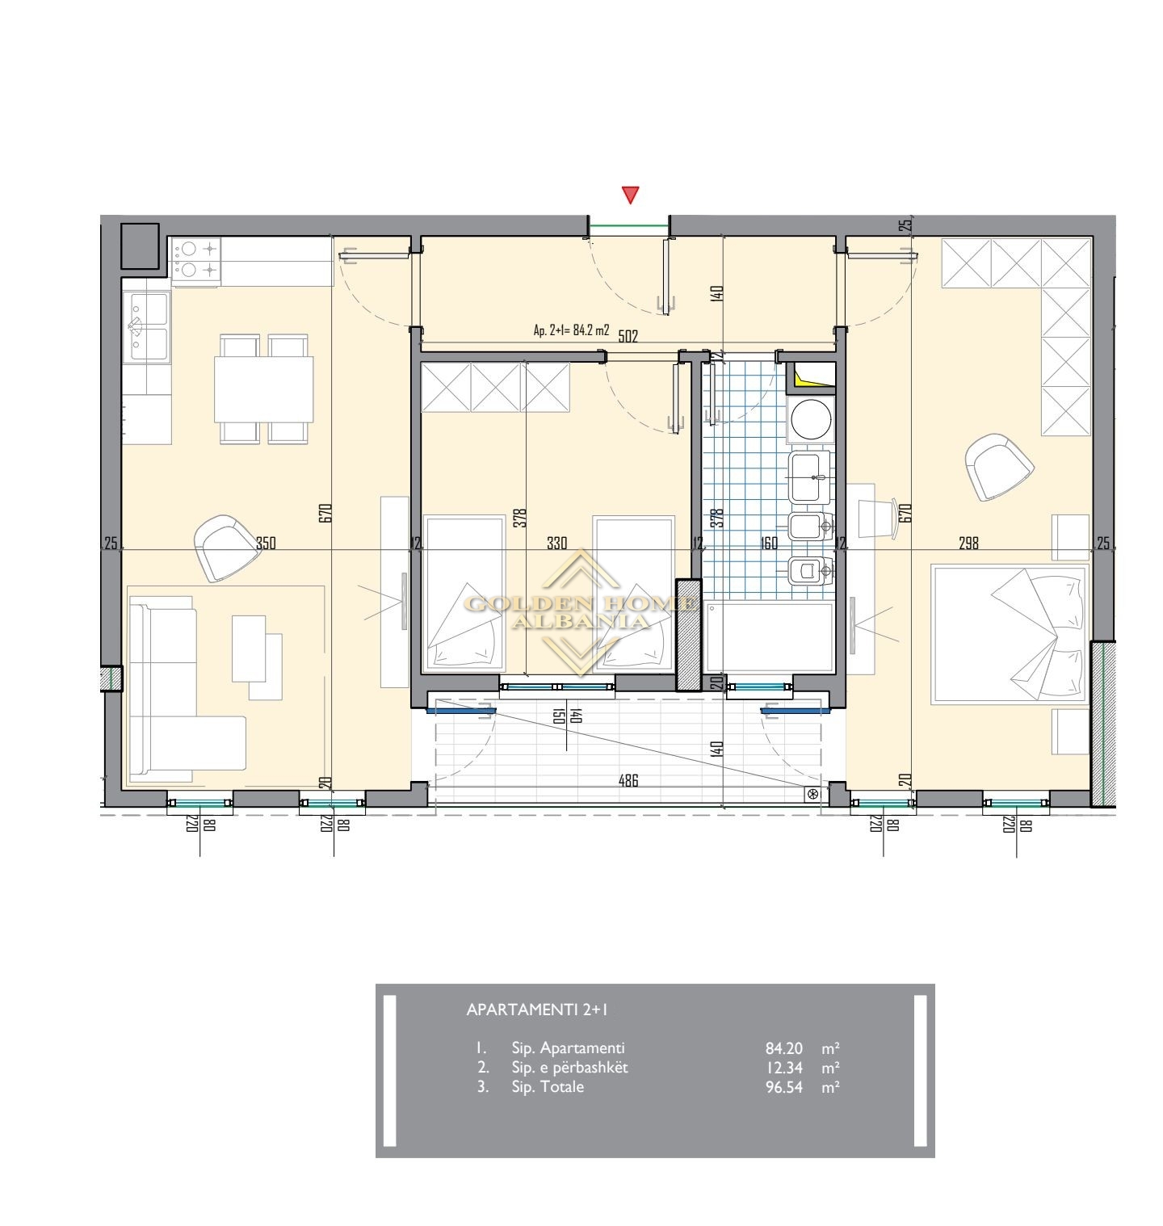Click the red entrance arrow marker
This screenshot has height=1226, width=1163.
coord(631,195)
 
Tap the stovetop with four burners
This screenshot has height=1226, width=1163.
coord(196,260)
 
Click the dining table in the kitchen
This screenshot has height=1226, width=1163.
coord(264,389)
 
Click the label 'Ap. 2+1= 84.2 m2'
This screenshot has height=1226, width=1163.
coord(571,330)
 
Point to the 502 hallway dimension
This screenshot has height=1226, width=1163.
coord(628,337)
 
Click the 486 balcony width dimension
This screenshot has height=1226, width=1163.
coord(628,781)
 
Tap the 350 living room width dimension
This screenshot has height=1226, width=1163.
coord(266,544)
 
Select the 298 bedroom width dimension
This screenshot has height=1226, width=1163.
coord(968,544)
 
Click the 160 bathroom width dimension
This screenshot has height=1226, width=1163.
coord(770,544)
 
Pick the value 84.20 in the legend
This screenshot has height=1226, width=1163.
coord(784,1049)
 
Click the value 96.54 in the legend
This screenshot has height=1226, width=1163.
coord(784,1087)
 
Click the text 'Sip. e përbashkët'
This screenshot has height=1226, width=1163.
coord(569,1068)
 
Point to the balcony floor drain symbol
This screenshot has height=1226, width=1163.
coord(812,794)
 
